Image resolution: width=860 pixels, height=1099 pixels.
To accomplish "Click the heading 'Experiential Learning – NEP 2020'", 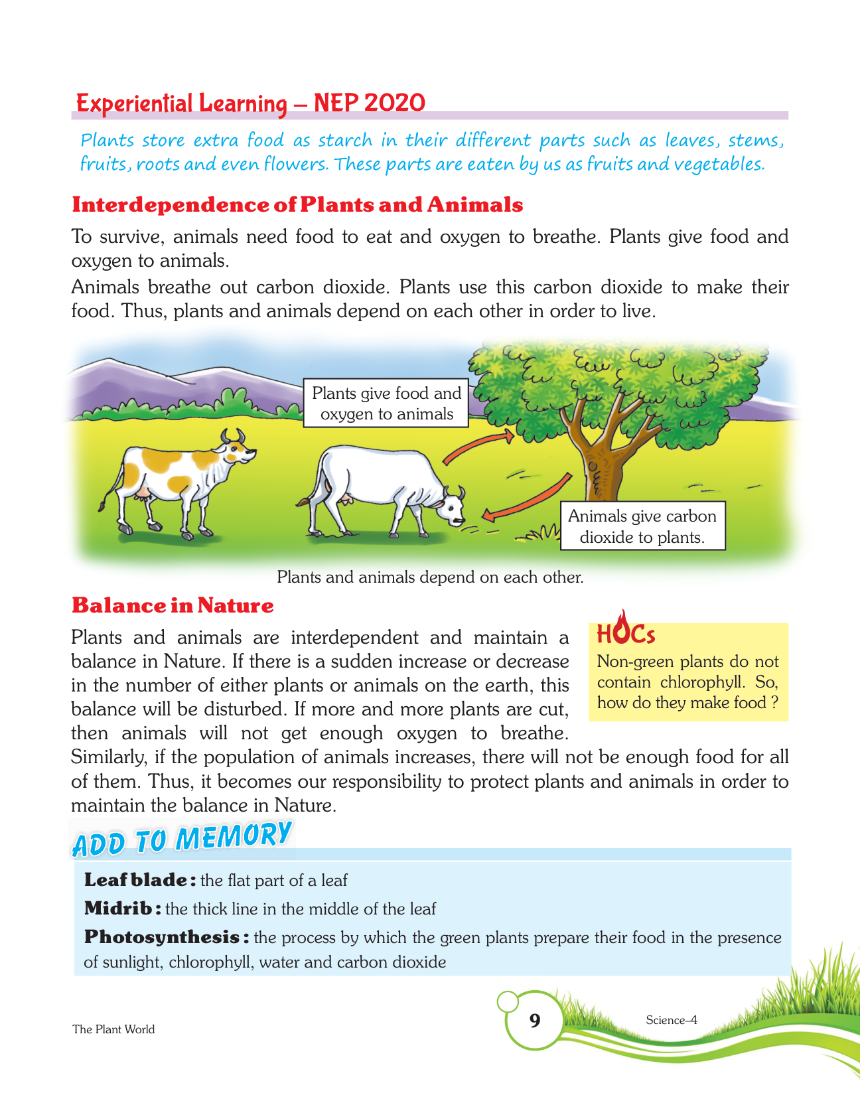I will pos(251,104).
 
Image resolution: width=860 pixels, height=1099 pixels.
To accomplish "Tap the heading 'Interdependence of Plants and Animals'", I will pos(297,204).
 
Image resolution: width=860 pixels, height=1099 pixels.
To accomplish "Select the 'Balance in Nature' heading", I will pos(173,605).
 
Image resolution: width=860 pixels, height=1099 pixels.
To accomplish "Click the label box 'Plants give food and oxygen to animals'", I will pos(386,403).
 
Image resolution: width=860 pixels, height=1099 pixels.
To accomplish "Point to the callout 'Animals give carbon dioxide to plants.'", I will pos(642,526).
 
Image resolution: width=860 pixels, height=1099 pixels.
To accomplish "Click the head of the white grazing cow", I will pos(452,508).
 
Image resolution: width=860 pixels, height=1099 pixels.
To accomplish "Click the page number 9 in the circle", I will pos(535,1020).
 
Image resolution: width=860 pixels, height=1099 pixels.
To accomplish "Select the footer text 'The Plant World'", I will pos(113,1029).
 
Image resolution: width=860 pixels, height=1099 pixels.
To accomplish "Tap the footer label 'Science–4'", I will pos(671,1020).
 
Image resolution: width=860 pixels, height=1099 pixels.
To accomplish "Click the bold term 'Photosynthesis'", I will pos(162,937).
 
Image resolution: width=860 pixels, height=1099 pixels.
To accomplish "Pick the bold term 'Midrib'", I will pos(118,908).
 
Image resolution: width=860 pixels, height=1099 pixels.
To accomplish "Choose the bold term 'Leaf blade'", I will pos(135,880).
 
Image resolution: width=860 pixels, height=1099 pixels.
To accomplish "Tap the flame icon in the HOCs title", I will pos(620,628).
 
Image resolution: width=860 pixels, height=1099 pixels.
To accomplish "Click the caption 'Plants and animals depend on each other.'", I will pos(430,577).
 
